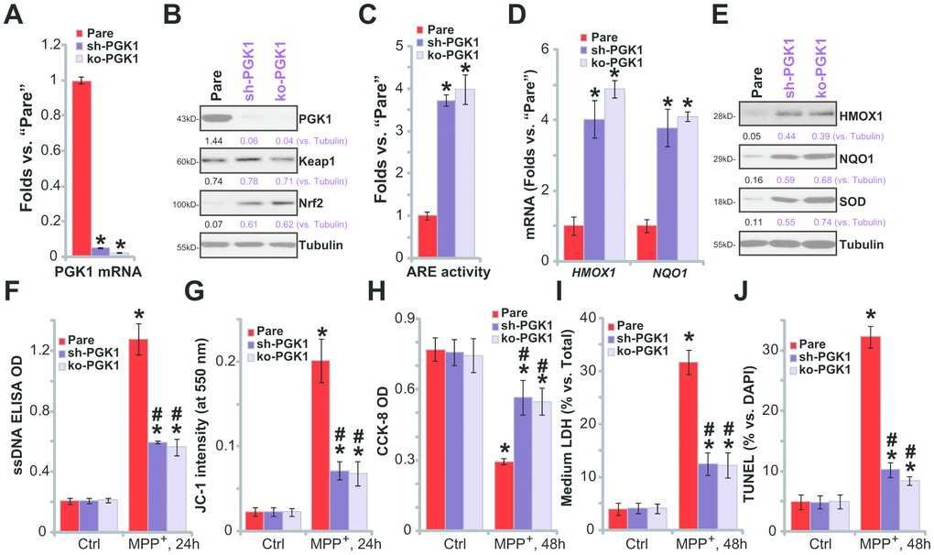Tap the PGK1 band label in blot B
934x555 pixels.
click(316, 119)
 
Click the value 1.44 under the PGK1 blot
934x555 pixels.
click(216, 138)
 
